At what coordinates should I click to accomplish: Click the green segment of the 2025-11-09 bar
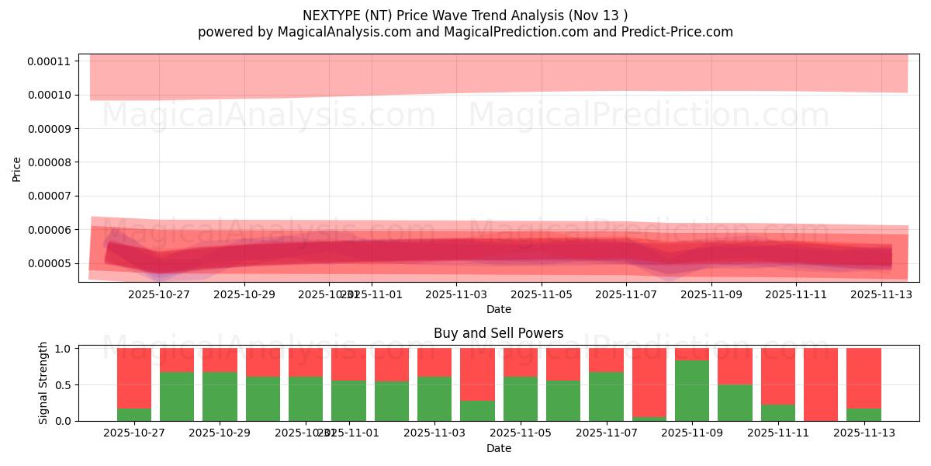(692, 391)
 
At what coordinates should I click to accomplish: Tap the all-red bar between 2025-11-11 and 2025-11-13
(821, 384)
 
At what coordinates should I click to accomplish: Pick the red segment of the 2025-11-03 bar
(434, 362)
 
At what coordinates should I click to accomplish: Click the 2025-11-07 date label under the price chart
(627, 294)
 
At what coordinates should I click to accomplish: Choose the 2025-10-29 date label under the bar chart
(220, 433)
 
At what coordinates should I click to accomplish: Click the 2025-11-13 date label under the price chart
(882, 294)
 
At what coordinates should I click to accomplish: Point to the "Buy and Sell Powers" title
(498, 333)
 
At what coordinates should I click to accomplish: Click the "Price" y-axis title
(16, 169)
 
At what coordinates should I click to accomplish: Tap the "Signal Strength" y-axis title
(43, 383)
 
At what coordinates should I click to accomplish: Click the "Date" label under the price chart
(498, 309)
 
